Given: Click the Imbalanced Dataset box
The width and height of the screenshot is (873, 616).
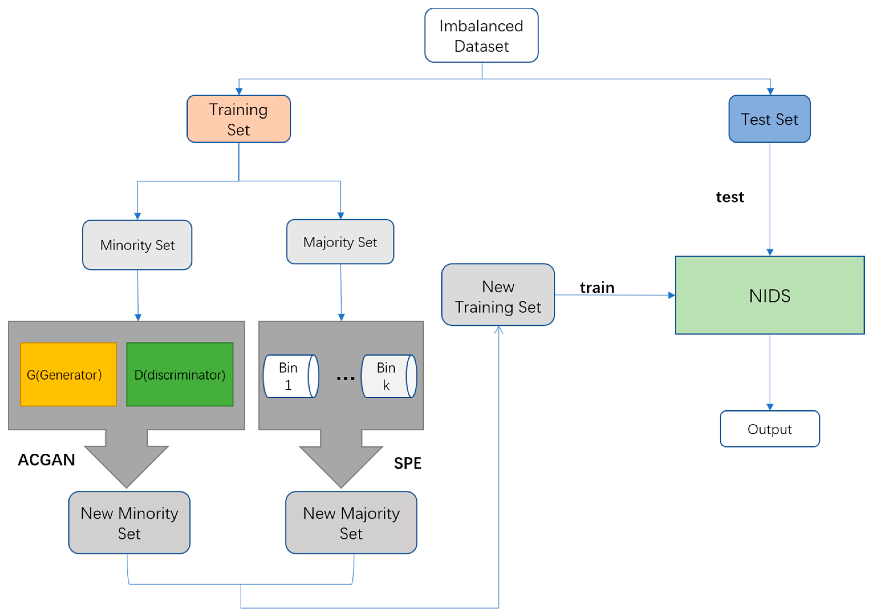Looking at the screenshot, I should coord(481,35).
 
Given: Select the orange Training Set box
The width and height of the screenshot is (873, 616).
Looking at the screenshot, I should coord(239,119).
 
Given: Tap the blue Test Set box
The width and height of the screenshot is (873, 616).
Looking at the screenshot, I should coord(769,119).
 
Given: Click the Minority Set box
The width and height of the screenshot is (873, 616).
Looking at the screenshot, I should coord(137,245).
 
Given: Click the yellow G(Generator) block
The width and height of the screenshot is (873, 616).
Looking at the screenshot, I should coord(68,374).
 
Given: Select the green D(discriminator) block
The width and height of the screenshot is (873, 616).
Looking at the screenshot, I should coord(180,374).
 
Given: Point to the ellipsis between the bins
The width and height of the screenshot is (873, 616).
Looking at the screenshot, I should coord(345,378).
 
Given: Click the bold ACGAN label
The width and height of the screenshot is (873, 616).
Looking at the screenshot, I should coord(46,460).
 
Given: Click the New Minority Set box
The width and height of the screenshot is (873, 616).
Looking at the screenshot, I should coord(129,523).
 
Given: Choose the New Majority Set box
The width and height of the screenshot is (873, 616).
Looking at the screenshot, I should coord(351,523).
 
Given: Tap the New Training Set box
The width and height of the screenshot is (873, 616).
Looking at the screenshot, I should coord(498,295).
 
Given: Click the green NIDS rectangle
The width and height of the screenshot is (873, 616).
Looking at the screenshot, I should coord(770,295).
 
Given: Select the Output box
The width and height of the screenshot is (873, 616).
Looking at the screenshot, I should coord(770,429).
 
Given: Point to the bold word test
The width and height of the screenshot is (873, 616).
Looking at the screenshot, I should coord(730,197).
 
